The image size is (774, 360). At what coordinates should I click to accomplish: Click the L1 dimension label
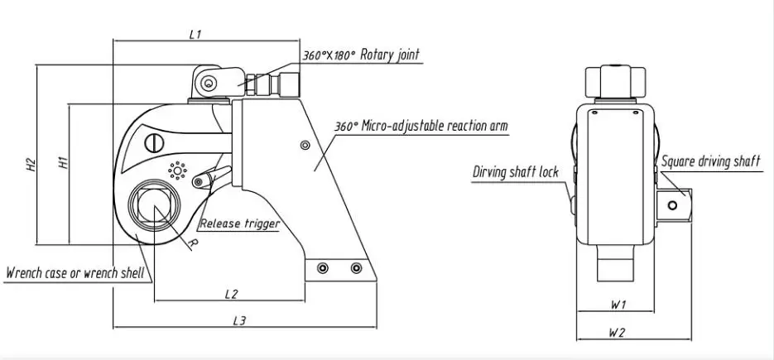195,34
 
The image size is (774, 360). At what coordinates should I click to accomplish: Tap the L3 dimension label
239,320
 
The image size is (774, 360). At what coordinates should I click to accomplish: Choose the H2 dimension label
31,165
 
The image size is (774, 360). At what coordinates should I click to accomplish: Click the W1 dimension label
618,305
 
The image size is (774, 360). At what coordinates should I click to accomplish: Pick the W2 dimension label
617,333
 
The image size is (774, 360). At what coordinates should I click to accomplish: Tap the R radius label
194,244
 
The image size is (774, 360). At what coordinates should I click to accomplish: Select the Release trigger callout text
240,223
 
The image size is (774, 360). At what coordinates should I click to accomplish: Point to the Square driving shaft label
711,161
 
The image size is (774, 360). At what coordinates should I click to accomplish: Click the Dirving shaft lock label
516,172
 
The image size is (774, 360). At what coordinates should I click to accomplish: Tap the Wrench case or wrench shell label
75,273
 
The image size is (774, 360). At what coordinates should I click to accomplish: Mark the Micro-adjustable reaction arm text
435,126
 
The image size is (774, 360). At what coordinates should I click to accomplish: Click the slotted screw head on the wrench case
154,144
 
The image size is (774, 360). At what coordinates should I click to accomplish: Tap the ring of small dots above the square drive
177,170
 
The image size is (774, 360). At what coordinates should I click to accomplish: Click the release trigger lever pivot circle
199,182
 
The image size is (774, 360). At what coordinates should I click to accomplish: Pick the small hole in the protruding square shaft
672,204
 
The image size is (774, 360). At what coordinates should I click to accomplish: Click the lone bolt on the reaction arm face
305,145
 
